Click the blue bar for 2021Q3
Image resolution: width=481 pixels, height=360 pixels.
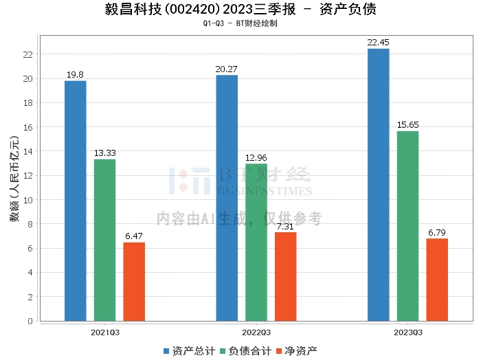pyautogui.click(x=76, y=201)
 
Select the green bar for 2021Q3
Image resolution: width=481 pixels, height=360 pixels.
pyautogui.click(x=104, y=240)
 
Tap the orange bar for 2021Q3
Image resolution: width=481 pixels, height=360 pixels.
pyautogui.click(x=134, y=282)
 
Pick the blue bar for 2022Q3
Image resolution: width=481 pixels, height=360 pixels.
pyautogui.click(x=227, y=198)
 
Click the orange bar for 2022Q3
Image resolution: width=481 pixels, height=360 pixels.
pyautogui.click(x=285, y=276)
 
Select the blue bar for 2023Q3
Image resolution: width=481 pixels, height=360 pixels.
pyautogui.click(x=378, y=185)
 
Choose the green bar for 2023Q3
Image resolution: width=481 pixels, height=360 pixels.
pyautogui.click(x=407, y=226)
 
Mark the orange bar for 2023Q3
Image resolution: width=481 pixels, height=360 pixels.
pyautogui.click(x=437, y=280)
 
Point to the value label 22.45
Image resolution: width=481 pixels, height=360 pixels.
pyautogui.click(x=378, y=43)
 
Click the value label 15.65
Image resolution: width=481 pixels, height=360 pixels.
pyautogui.click(x=407, y=125)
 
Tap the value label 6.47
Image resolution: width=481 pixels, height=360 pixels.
pyautogui.click(x=134, y=236)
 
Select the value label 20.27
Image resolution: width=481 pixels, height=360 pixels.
pyautogui.click(x=227, y=69)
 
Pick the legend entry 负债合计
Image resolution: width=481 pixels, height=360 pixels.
pyautogui.click(x=245, y=350)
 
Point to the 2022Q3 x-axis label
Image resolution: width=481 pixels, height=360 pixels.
pyautogui.click(x=256, y=332)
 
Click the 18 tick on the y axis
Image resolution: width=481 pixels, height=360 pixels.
pyautogui.click(x=30, y=103)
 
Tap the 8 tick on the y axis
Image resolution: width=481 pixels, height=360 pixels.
pyautogui.click(x=32, y=224)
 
